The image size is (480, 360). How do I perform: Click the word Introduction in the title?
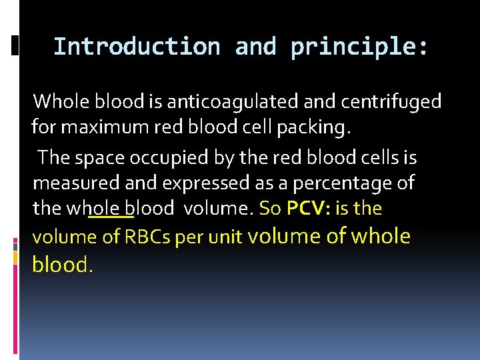point(137,47)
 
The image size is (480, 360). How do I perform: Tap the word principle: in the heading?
point(359,47)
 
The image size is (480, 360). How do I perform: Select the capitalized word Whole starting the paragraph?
point(61,101)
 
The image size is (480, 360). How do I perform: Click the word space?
point(98,157)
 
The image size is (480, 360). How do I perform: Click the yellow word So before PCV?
point(269,209)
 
